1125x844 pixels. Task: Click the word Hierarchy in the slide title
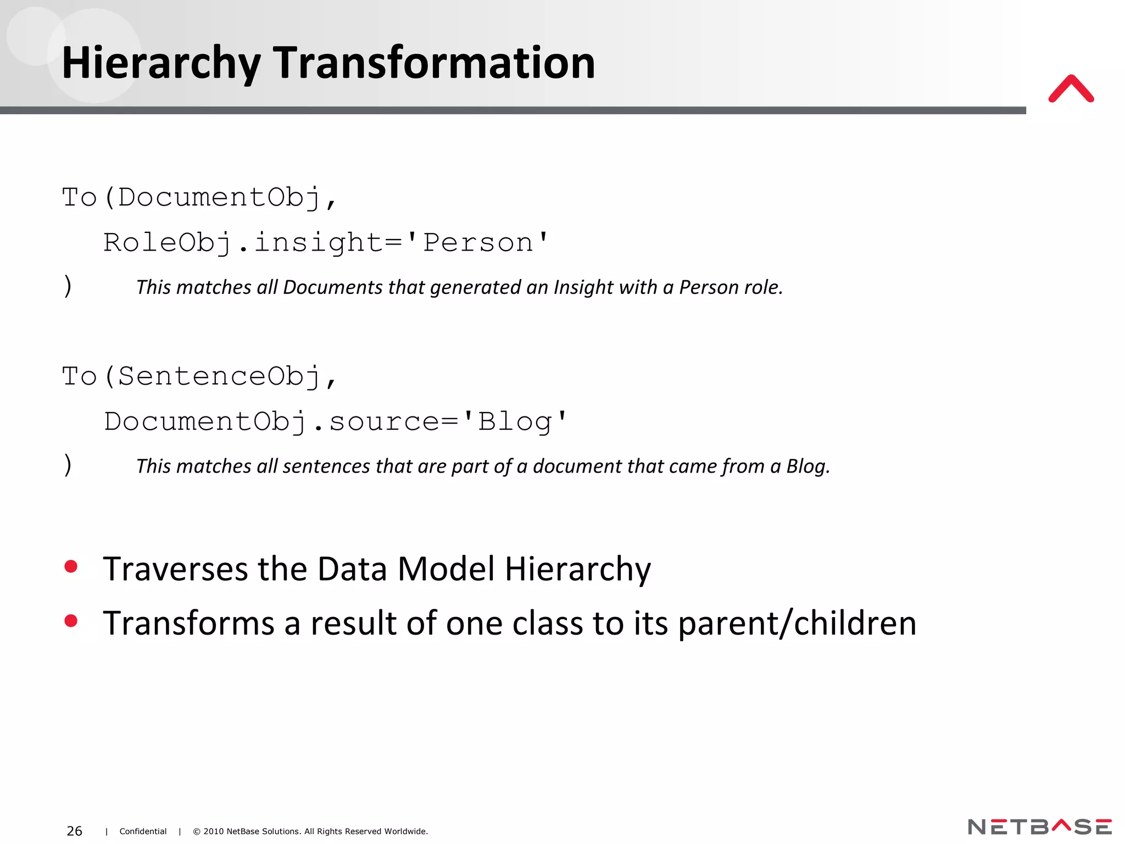tap(160, 64)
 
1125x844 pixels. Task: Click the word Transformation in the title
tap(434, 63)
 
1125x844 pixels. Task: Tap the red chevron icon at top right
tap(1071, 89)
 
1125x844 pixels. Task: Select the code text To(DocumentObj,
tap(199, 197)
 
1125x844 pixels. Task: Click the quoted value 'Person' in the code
tap(486, 242)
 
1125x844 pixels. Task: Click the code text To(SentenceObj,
tap(199, 376)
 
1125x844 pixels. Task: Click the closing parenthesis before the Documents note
tap(68, 286)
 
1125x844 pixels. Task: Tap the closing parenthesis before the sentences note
tap(68, 465)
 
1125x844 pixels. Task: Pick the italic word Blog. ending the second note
tap(807, 467)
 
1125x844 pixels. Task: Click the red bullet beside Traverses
tap(71, 567)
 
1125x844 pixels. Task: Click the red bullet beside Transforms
tap(71, 621)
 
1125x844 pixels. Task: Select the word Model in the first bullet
tap(445, 569)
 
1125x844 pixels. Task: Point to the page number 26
tap(74, 831)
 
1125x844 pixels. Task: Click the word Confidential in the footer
tap(143, 831)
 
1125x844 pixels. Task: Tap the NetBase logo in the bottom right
tap(1039, 826)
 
